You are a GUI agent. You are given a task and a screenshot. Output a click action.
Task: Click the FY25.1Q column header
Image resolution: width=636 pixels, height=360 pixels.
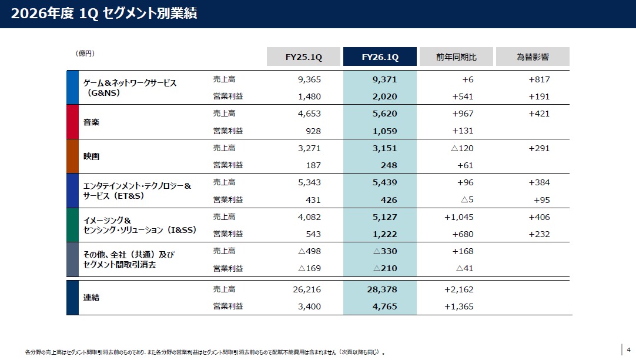303,57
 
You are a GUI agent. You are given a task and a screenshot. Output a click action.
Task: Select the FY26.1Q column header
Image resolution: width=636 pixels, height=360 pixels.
380,57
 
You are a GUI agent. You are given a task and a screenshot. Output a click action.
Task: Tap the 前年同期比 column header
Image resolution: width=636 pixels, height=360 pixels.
456,57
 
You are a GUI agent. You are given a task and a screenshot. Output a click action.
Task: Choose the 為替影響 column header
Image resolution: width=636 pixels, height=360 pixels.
533,57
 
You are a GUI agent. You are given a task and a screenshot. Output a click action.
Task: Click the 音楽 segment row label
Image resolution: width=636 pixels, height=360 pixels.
91,122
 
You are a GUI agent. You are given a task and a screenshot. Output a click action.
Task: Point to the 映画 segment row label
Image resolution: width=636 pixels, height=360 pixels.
91,156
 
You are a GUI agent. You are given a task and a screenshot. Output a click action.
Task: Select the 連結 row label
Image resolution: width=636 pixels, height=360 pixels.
91,298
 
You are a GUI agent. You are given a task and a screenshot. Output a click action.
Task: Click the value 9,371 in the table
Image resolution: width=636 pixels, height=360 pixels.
384,79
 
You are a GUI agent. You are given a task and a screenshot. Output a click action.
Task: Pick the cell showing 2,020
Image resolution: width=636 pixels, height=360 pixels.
384,96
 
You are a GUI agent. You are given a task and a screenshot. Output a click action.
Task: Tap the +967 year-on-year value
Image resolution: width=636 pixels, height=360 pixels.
463,114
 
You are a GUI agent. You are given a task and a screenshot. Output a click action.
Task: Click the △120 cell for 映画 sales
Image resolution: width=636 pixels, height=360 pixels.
463,148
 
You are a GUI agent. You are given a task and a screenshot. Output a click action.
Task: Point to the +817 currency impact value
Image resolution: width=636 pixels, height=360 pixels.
539,79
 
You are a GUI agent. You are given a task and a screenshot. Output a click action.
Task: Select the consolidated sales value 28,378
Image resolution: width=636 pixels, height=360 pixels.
382,289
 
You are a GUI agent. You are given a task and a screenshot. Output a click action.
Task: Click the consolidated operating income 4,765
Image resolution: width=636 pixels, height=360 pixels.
384,306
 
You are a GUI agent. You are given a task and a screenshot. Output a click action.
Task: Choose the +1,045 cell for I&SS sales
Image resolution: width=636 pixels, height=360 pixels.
458,217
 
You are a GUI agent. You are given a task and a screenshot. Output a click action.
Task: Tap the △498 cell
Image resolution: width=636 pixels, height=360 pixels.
310,251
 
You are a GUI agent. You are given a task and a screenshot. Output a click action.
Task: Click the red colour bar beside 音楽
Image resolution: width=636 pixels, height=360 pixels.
73,122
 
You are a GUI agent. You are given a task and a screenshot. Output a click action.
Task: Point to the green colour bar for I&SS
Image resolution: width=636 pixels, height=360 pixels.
73,225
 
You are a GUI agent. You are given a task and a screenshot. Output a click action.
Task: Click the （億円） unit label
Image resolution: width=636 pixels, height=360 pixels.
85,54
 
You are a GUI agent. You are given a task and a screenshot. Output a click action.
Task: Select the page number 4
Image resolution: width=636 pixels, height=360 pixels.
629,349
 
